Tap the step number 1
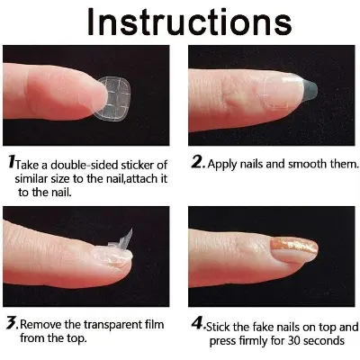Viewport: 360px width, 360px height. click(12, 164)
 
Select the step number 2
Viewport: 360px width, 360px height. click(197, 165)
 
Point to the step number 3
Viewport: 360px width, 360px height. click(12, 322)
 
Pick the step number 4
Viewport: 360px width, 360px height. click(196, 326)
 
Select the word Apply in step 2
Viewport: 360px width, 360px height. click(223, 166)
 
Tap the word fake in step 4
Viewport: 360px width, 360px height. click(261, 327)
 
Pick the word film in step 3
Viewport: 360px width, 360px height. click(167, 323)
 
